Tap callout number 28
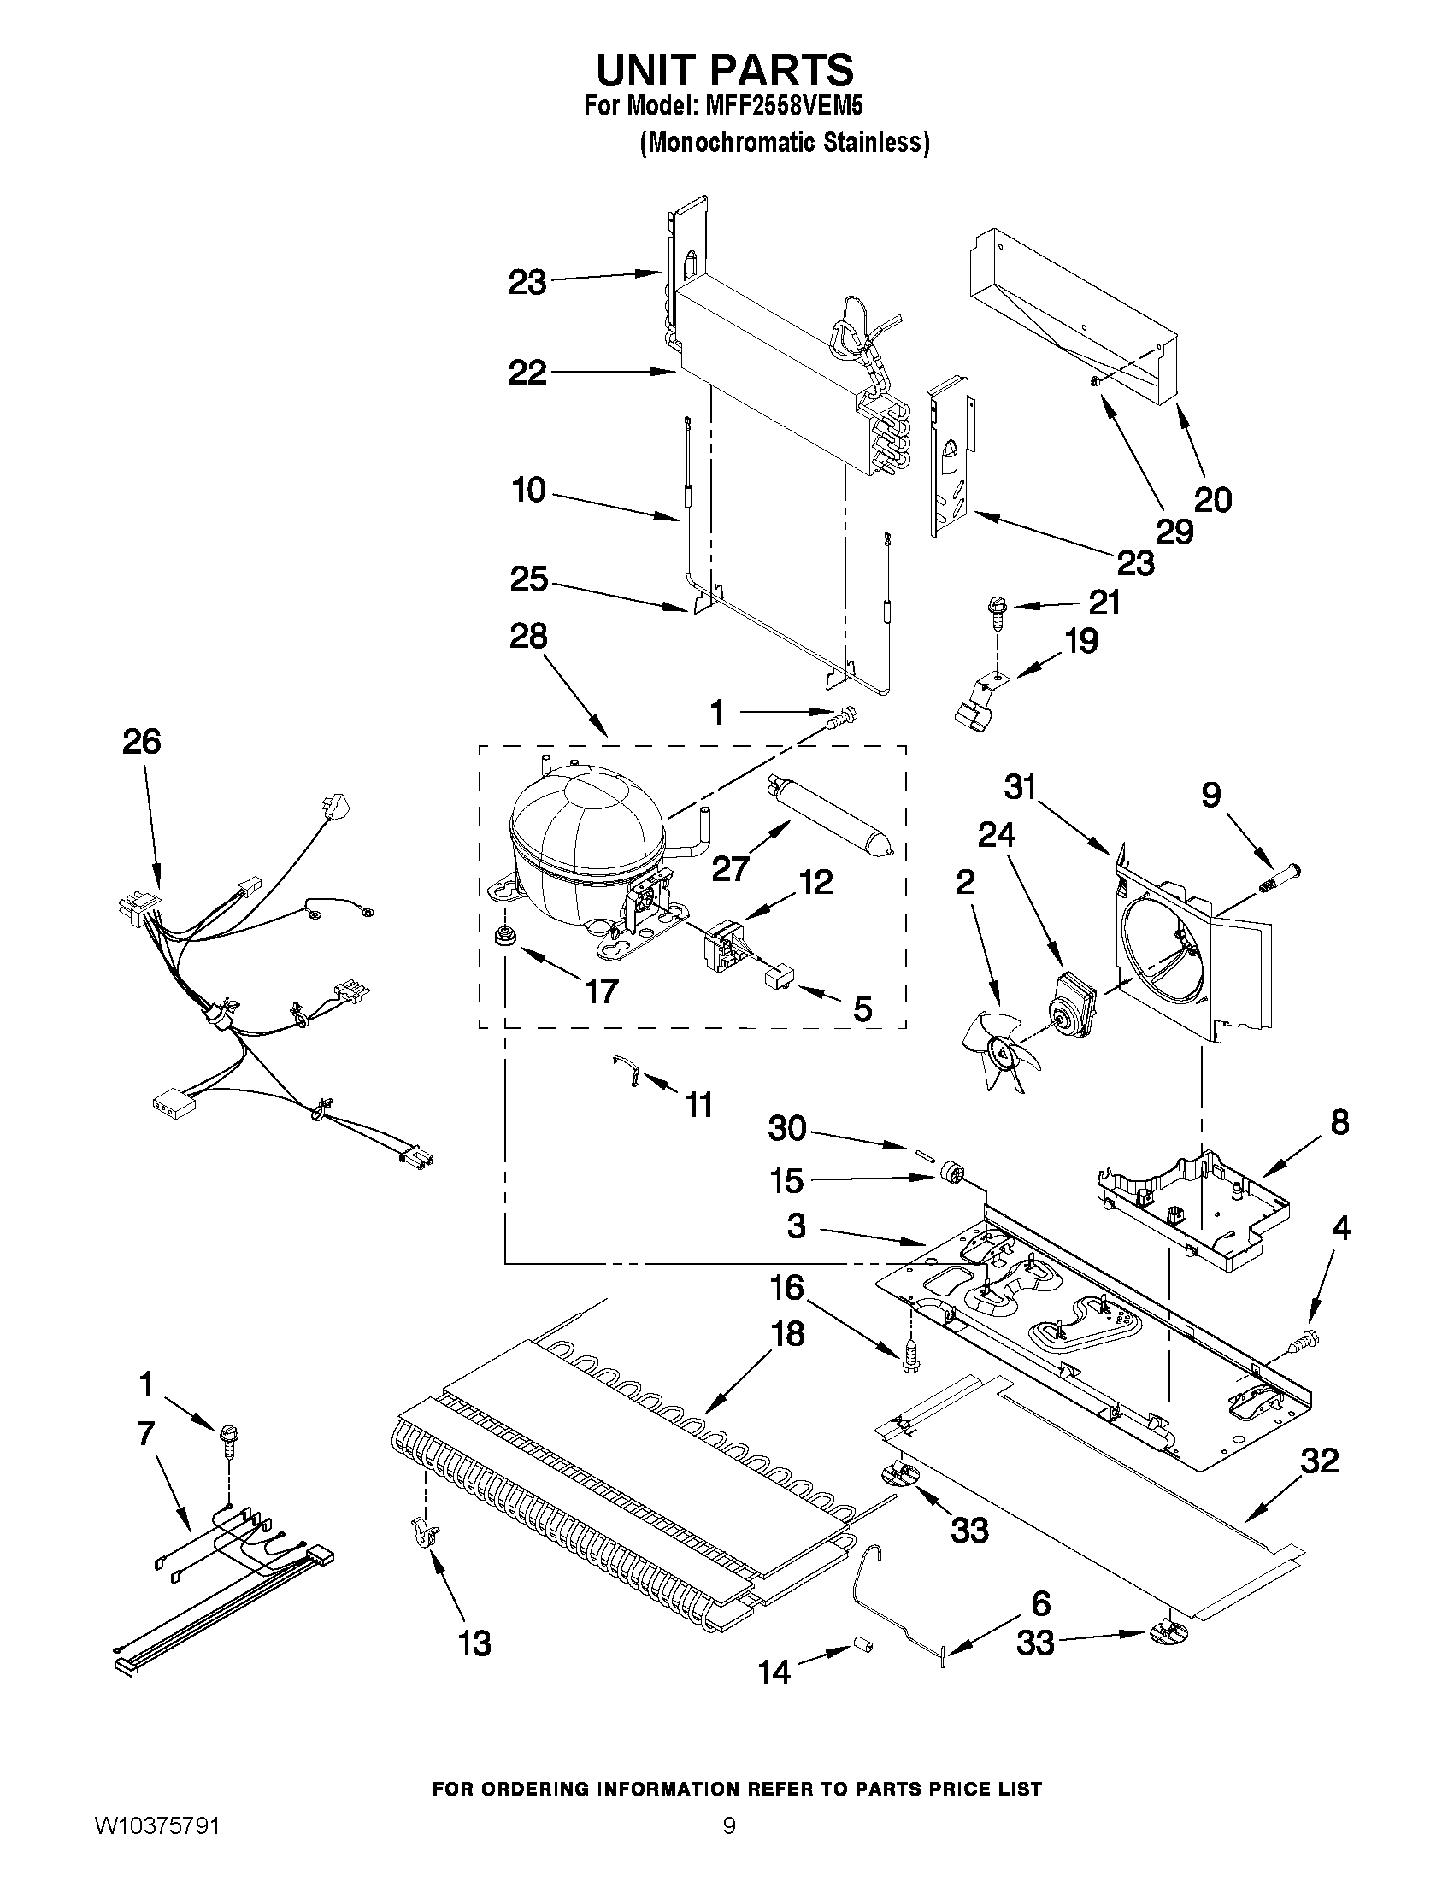pos(527,638)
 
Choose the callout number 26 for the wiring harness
pos(141,742)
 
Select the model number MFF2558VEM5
pos(784,107)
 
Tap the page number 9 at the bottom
pos(729,1847)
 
